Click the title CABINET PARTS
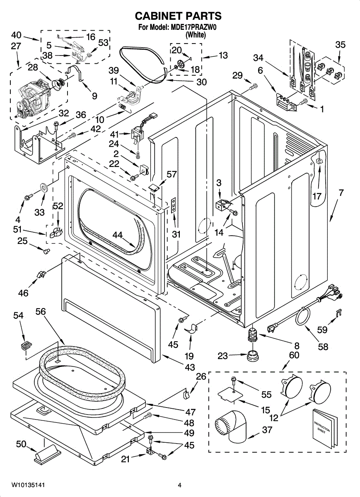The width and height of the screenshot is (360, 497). pyautogui.click(x=179, y=16)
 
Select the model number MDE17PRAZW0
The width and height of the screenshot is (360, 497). pyautogui.click(x=194, y=28)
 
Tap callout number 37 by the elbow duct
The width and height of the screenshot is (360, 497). pyautogui.click(x=268, y=430)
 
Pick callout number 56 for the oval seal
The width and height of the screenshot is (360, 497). pyautogui.click(x=40, y=312)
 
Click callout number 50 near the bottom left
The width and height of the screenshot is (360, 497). pyautogui.click(x=21, y=445)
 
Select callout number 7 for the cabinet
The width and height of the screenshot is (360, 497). pyautogui.click(x=341, y=193)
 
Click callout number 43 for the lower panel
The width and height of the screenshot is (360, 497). pyautogui.click(x=190, y=367)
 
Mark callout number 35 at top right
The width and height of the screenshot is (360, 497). pyautogui.click(x=340, y=45)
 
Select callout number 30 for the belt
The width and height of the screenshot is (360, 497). pyautogui.click(x=201, y=82)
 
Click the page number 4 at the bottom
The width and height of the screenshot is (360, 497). pyautogui.click(x=180, y=485)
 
